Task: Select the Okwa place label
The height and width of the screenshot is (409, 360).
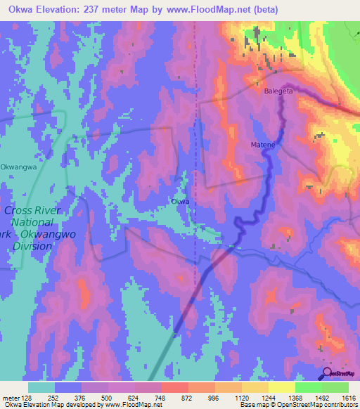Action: click(180, 202)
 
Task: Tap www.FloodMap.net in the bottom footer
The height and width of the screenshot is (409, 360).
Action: click(132, 405)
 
